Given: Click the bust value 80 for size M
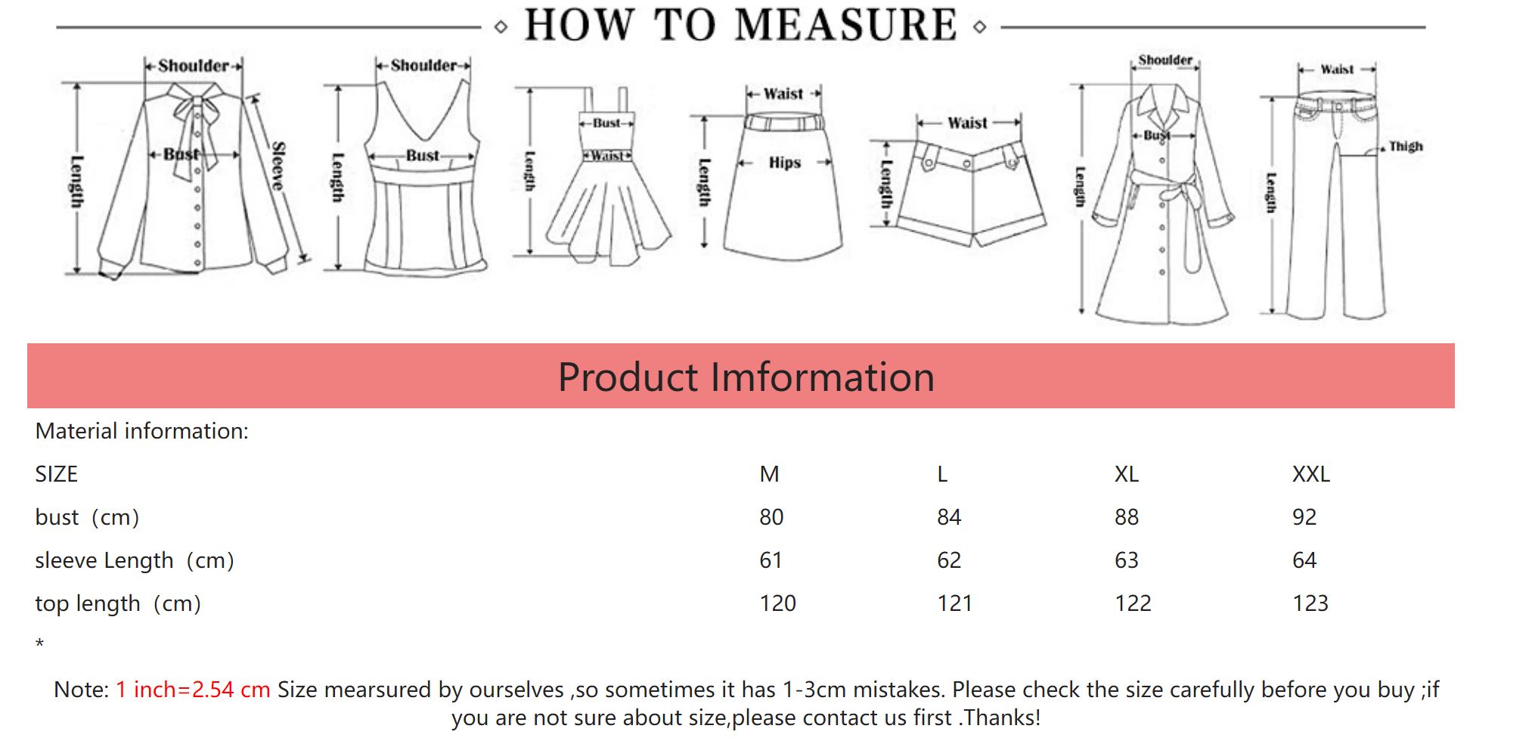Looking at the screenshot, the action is (x=771, y=517).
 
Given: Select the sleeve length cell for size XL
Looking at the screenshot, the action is (x=1126, y=560).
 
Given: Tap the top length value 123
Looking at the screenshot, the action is (x=1310, y=603).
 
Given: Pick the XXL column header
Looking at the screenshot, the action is (x=1310, y=474).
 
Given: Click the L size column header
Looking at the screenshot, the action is (x=942, y=474).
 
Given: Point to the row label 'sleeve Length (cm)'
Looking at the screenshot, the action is (x=135, y=561).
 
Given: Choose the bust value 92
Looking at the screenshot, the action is (x=1304, y=517).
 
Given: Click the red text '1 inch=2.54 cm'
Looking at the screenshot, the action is (x=193, y=690).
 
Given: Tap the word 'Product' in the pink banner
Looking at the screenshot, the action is (x=628, y=377).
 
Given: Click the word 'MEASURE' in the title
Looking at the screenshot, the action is (x=845, y=25).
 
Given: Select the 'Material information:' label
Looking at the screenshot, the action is (x=141, y=431).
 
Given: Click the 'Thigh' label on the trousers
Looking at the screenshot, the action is (x=1406, y=146).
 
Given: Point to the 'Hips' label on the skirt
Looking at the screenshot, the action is (x=785, y=163).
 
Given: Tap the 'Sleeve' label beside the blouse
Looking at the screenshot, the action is (x=278, y=166).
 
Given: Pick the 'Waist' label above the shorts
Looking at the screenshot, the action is (x=968, y=122).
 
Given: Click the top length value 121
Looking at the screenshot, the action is (x=955, y=603).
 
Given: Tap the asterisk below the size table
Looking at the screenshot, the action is (x=39, y=643).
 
